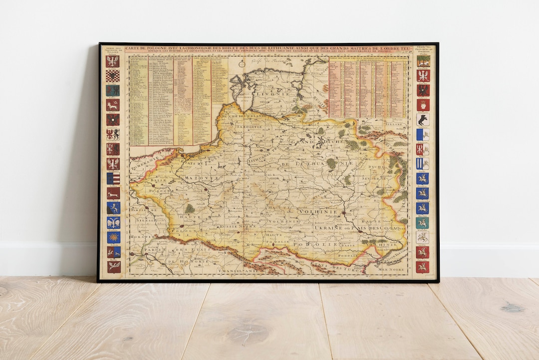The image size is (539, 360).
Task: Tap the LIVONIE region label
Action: pyautogui.click(x=269, y=93)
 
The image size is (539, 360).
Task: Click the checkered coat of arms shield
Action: pyautogui.click(x=112, y=76)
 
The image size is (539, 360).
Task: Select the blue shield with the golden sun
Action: pyautogui.click(x=113, y=237)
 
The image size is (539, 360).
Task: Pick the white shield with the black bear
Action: pyautogui.click(x=423, y=120)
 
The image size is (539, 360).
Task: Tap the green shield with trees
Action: pyautogui.click(x=423, y=61)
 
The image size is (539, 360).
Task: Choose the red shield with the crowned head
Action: pyautogui.click(x=423, y=105)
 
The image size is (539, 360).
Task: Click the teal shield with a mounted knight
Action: pyautogui.click(x=423, y=223)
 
